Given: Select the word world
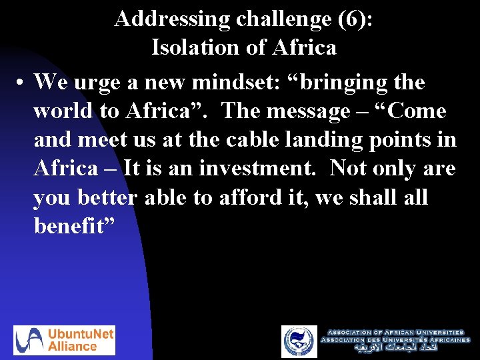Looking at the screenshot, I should pos(64,111).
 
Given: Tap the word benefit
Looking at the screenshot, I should pos(75,227).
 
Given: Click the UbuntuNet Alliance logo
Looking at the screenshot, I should pos(64,340).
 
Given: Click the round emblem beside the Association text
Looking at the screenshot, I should pos(299,341).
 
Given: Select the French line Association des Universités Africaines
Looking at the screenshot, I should pos(395,340).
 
